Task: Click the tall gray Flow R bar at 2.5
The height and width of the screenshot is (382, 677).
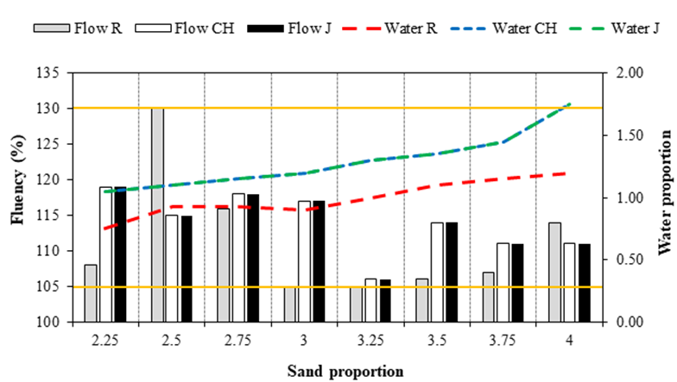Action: click(x=157, y=216)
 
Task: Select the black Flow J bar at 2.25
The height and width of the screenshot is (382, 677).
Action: click(x=120, y=254)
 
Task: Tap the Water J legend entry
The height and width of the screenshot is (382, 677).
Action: click(x=613, y=28)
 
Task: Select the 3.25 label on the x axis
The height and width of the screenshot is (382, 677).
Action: click(x=370, y=340)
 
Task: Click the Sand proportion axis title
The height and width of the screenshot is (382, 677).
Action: click(x=345, y=372)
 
